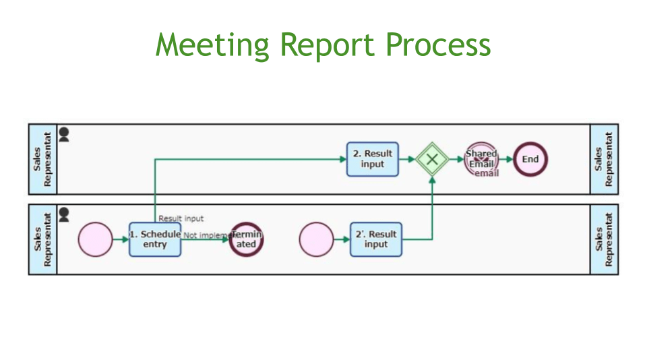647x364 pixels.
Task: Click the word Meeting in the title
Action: (x=212, y=45)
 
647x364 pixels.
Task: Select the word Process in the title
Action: (x=438, y=45)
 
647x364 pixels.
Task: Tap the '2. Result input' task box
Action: (x=372, y=159)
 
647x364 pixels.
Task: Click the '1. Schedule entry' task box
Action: (x=155, y=239)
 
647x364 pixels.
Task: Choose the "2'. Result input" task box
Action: (x=375, y=239)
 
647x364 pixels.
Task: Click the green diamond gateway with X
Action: (x=432, y=160)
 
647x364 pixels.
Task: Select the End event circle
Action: (x=530, y=160)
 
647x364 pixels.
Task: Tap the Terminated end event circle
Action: (x=246, y=239)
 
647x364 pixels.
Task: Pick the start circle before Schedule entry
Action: (x=95, y=239)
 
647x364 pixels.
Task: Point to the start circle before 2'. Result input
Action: (x=316, y=239)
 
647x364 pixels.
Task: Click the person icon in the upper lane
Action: (x=64, y=134)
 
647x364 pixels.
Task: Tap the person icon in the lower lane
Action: (x=64, y=214)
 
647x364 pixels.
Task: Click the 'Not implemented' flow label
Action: (x=206, y=235)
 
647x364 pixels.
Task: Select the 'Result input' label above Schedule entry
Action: (x=181, y=218)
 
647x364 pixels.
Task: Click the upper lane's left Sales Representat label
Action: (x=42, y=159)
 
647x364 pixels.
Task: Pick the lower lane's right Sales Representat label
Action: (x=604, y=239)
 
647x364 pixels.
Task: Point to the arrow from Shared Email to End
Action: (x=506, y=160)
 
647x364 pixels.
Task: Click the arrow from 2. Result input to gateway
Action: (x=407, y=160)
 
